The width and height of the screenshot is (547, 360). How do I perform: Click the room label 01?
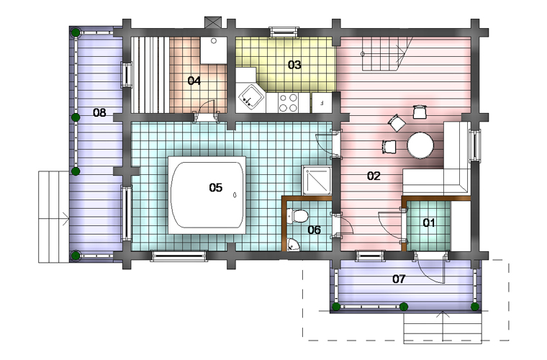tap(429, 222)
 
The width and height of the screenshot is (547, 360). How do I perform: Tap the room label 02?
tap(374, 176)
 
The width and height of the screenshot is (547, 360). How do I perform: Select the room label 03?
tap(294, 65)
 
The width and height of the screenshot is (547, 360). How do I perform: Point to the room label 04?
tap(194, 81)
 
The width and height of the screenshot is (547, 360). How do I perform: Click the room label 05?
tap(216, 188)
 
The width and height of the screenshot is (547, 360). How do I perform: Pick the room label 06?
tap(314, 230)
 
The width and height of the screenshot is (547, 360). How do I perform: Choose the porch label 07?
tap(399, 279)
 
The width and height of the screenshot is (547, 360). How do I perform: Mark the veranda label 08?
tap(99, 112)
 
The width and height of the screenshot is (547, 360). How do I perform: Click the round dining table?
tap(420, 145)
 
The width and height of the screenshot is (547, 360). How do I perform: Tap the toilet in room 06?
tap(297, 215)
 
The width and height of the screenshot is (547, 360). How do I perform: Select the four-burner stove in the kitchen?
tap(288, 102)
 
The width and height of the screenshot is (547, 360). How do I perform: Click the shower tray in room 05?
tap(317, 180)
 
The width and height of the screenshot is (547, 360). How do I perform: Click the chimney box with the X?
tap(213, 22)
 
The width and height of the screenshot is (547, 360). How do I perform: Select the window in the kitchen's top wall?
tap(284, 32)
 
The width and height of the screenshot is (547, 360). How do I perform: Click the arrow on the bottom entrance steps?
tap(443, 325)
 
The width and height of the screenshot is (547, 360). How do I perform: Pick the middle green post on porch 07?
tap(404, 307)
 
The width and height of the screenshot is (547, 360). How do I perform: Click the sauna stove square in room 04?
tap(214, 50)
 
